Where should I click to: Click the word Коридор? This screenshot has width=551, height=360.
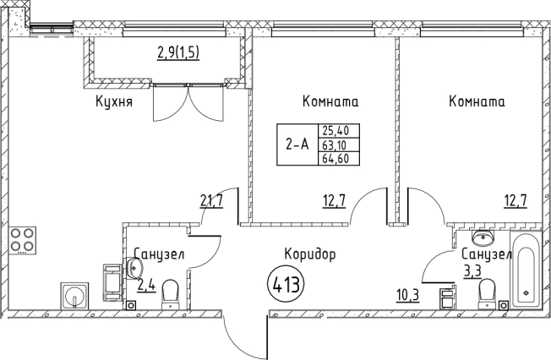pos(310,254)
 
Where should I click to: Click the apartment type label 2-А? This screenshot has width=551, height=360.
pos(297,144)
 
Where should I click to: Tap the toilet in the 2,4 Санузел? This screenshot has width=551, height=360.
pos(170,295)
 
